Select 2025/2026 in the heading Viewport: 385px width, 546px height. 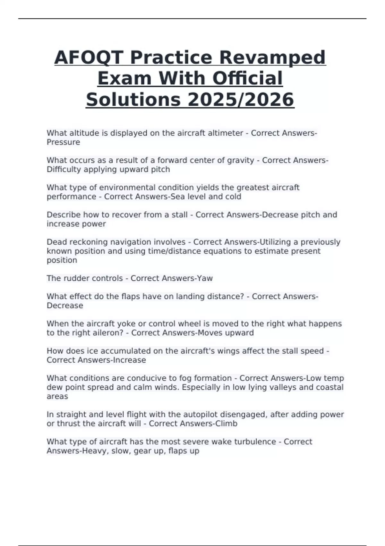240,100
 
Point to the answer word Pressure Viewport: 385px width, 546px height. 63,142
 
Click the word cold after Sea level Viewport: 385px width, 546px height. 233,197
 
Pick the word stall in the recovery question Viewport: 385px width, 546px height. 180,215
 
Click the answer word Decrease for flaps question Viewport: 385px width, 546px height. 65,305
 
